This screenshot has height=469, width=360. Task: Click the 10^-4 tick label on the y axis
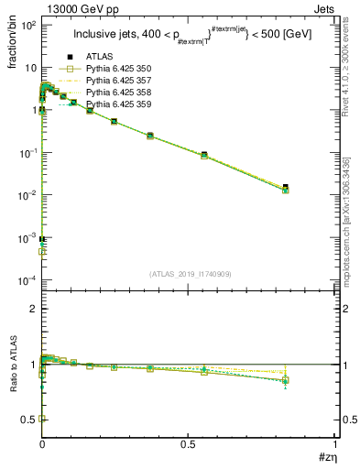coord(27,279)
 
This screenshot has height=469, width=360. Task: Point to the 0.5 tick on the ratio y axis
coord(29,420)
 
